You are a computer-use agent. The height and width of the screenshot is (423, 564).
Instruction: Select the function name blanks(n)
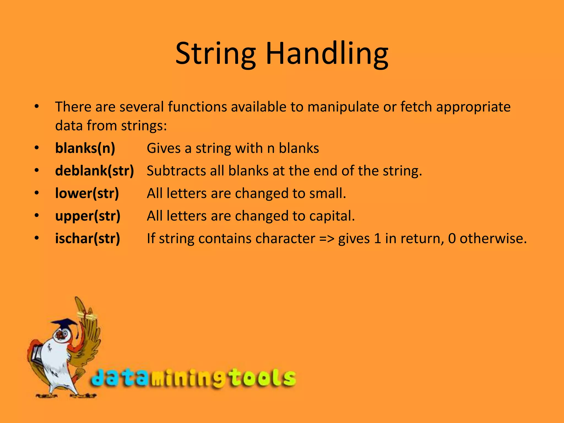pyautogui.click(x=85, y=148)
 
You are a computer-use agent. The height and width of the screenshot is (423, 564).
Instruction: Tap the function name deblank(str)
pyautogui.click(x=94, y=171)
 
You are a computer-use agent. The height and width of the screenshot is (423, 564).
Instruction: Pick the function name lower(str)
pyautogui.click(x=87, y=193)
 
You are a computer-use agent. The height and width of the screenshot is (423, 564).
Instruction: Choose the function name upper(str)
pyautogui.click(x=88, y=216)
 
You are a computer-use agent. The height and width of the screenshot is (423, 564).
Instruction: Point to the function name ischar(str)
pyautogui.click(x=88, y=238)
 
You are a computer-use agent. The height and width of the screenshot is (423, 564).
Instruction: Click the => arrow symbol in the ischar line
pyautogui.click(x=327, y=238)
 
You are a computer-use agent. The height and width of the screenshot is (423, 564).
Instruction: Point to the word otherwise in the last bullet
pyautogui.click(x=493, y=238)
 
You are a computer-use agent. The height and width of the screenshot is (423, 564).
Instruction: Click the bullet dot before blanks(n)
pyautogui.click(x=37, y=148)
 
